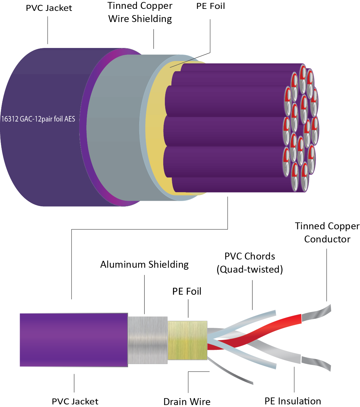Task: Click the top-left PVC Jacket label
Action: click(x=49, y=8)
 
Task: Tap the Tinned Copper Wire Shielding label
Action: click(x=140, y=12)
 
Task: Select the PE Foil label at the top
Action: click(x=211, y=6)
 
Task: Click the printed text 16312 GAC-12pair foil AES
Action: click(x=38, y=119)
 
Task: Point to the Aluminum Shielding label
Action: click(x=144, y=265)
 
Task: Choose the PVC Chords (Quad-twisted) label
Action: click(x=250, y=263)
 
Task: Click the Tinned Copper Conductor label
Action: click(x=327, y=233)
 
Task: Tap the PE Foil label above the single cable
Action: click(x=187, y=292)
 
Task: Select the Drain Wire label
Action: click(x=187, y=401)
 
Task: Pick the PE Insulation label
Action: click(x=293, y=401)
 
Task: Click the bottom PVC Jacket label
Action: click(x=75, y=401)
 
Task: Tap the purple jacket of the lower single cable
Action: click(x=74, y=340)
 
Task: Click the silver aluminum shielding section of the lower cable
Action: click(x=147, y=340)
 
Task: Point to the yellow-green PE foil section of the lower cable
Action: click(x=187, y=340)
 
